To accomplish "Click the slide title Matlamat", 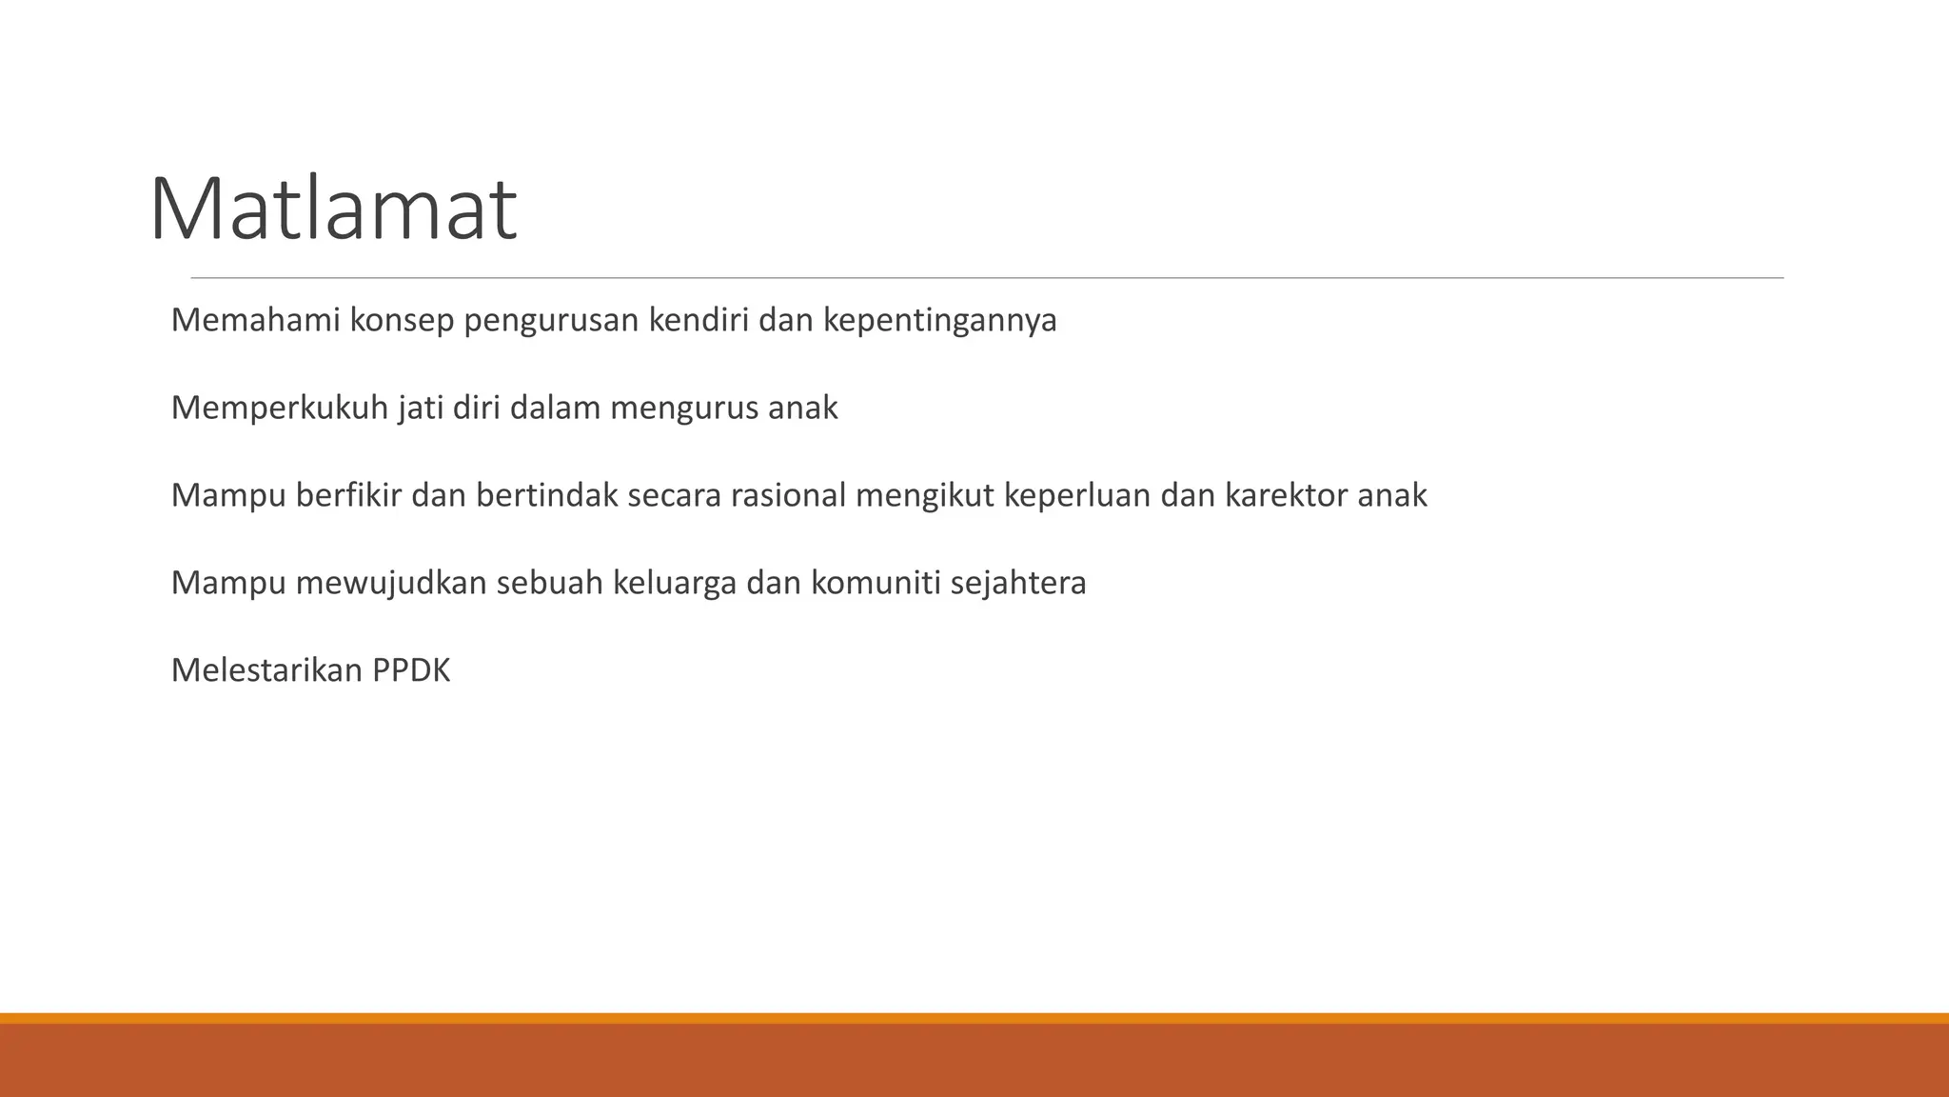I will pyautogui.click(x=333, y=209).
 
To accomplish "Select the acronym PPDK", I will pyautogui.click(x=410, y=671).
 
